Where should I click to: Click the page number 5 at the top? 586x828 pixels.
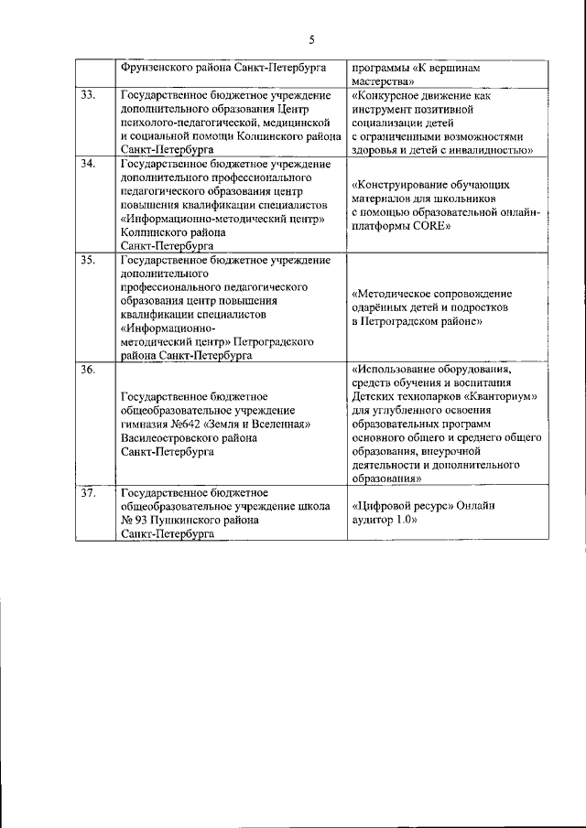pos(311,39)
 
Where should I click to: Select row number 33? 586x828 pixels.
pos(89,95)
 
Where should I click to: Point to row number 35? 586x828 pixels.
pos(89,261)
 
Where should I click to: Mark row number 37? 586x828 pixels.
pos(89,492)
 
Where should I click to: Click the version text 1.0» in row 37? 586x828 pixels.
pos(402,520)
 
